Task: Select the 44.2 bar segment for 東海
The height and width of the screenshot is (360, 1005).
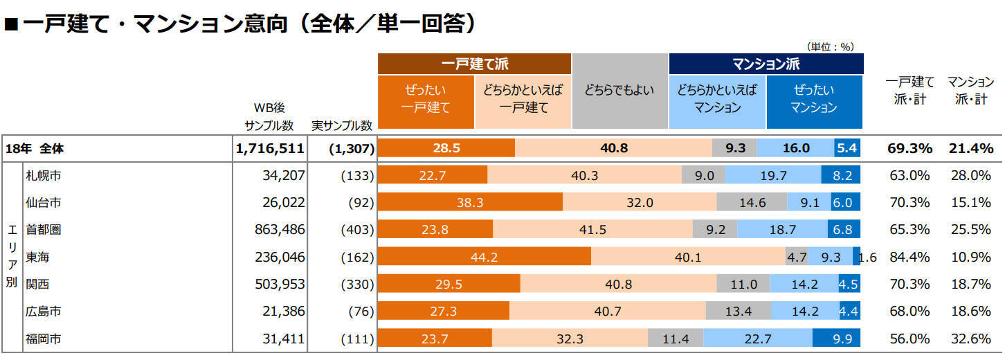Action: pos(485,258)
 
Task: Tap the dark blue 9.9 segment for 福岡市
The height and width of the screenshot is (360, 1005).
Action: pos(836,339)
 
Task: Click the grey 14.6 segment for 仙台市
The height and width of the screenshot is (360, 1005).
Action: pos(752,203)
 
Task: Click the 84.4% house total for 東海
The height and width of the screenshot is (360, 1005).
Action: pos(909,258)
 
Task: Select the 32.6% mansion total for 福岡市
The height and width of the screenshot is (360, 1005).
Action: pos(970,339)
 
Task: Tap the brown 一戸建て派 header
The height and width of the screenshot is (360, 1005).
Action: pos(474,64)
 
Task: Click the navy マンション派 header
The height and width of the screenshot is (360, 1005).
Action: pos(766,64)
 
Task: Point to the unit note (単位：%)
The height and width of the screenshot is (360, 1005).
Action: pos(831,46)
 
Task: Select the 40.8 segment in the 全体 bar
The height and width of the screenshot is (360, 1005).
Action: pos(613,148)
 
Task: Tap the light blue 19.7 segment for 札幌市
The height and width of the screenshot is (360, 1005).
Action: pos(773,176)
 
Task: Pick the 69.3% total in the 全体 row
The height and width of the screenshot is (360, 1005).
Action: pos(909,148)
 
